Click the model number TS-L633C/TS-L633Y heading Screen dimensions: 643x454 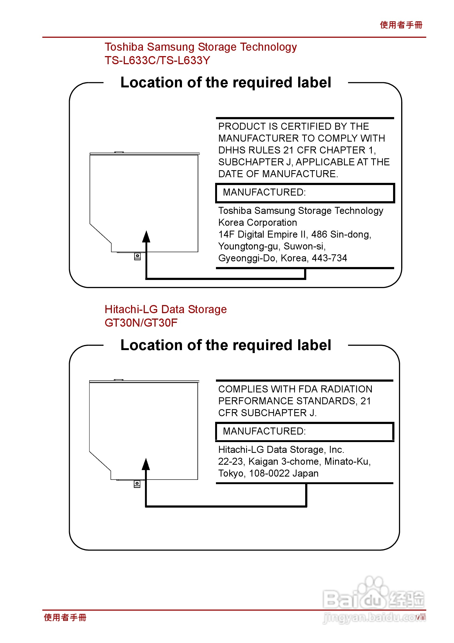pos(157,60)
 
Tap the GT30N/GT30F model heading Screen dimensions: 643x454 pos(141,323)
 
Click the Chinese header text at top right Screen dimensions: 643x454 pos(401,25)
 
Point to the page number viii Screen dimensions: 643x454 pos(420,617)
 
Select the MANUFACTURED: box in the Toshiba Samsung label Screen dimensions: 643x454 pos(305,193)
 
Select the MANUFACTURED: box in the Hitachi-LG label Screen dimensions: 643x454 pos(305,431)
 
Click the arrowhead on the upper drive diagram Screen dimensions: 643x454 pos(146,237)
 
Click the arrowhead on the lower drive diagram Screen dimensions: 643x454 pos(146,465)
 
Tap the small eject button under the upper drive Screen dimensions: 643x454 pos(137,256)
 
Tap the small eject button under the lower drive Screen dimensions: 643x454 pos(137,484)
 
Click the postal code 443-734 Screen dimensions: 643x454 pos(329,258)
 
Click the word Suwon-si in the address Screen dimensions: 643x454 pos(304,247)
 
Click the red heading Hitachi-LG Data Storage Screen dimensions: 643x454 pos(166,309)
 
